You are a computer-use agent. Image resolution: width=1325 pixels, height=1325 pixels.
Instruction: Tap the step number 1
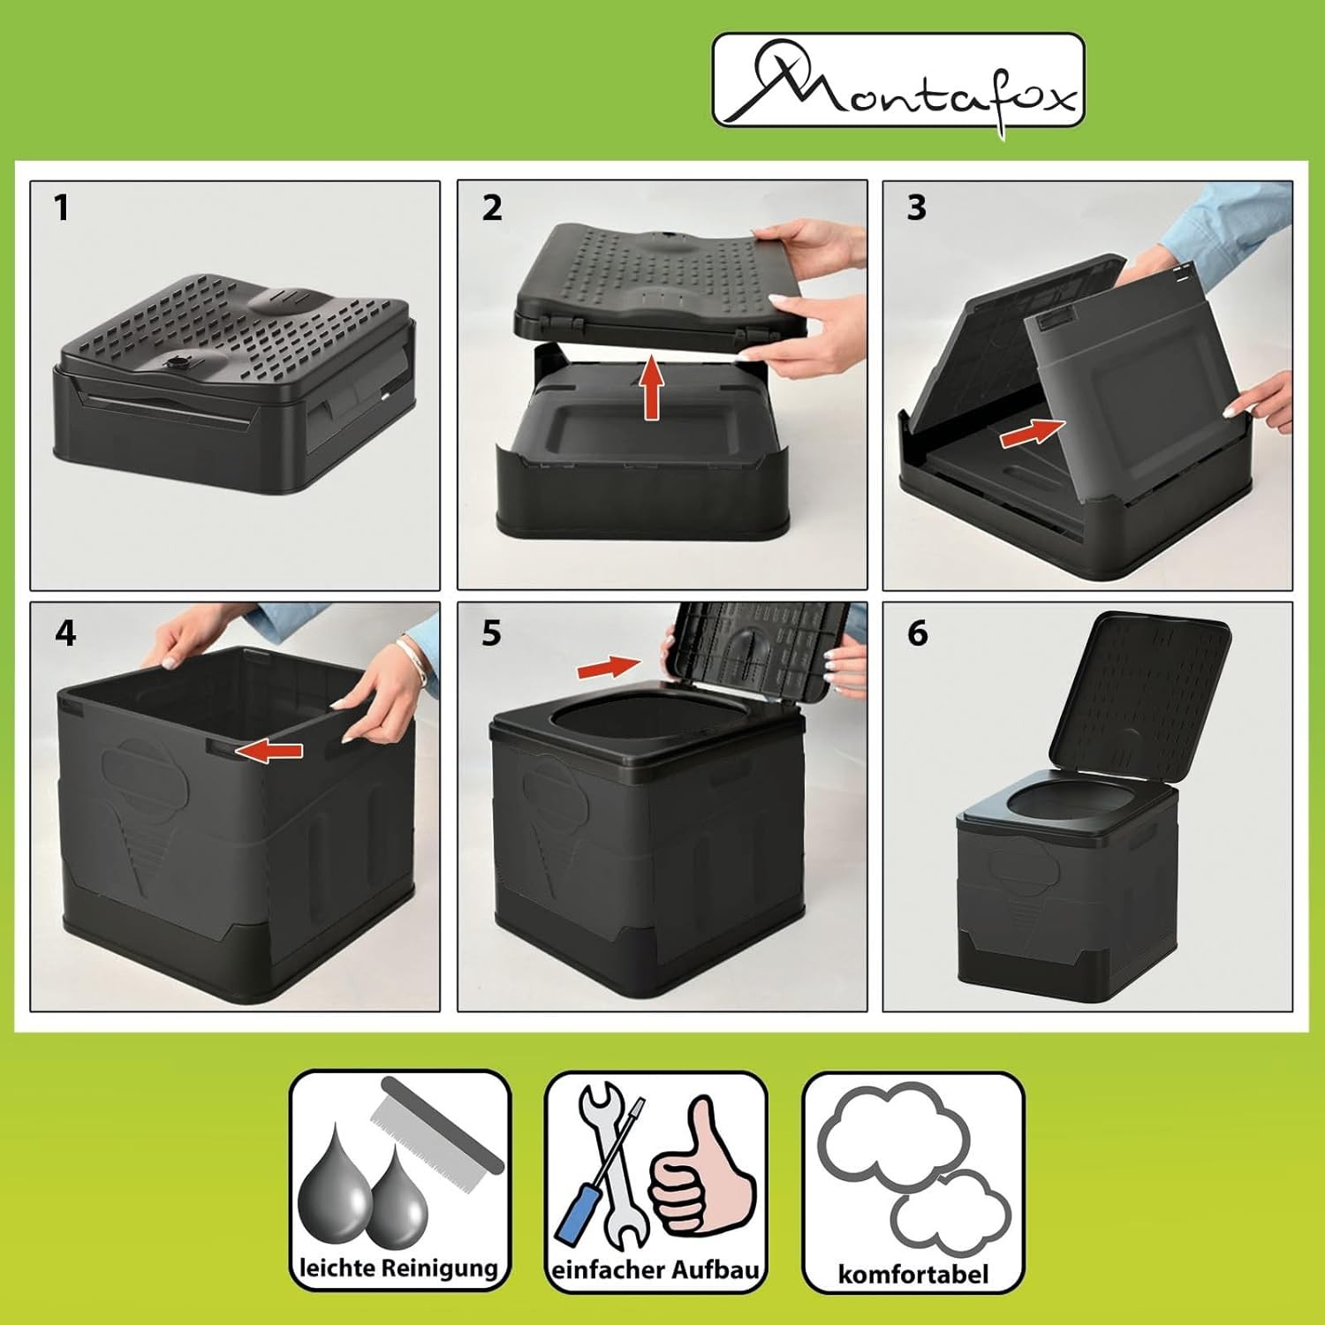(60, 208)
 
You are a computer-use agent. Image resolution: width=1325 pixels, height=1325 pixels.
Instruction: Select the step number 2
(492, 208)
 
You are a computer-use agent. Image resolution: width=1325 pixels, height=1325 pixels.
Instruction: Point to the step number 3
(917, 208)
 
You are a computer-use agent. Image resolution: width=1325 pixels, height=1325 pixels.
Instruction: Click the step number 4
(65, 633)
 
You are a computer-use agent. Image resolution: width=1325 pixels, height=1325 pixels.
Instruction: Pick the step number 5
(492, 633)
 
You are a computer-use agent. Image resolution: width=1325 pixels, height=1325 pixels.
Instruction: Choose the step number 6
(918, 633)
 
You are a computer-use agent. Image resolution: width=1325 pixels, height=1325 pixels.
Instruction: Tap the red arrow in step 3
(1033, 432)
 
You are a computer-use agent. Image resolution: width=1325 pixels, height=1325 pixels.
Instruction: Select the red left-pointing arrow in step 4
(269, 751)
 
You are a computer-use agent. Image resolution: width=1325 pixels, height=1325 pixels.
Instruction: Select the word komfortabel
(913, 1275)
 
